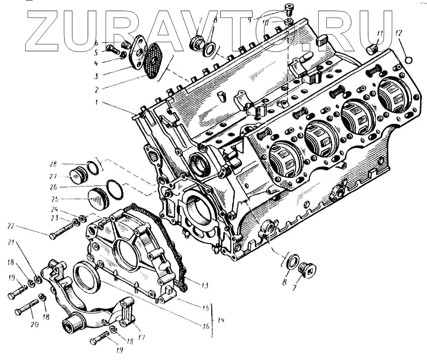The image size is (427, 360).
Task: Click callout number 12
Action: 398,33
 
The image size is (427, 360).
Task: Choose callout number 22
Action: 10,225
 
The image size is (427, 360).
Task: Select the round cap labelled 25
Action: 96,200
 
